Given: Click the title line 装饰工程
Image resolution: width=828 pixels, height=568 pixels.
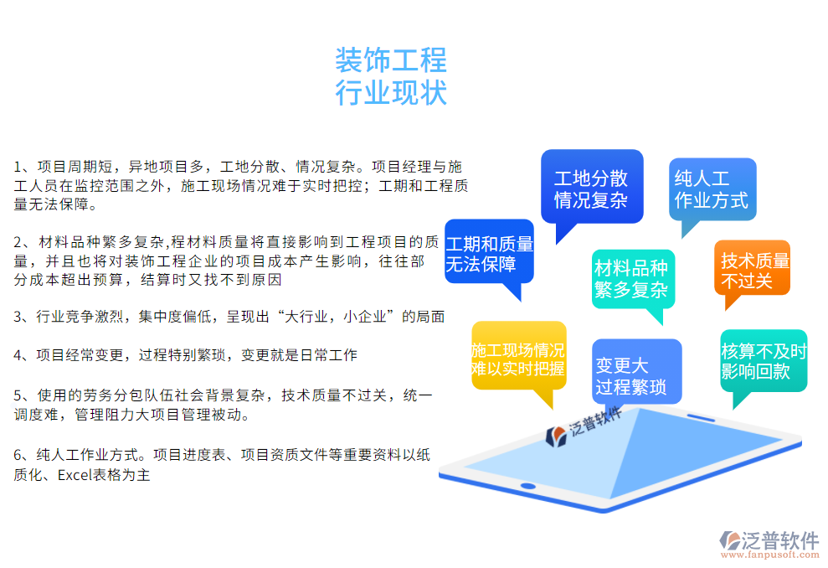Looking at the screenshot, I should tap(391, 60).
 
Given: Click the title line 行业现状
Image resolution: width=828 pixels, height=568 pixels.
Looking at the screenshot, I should tap(391, 92).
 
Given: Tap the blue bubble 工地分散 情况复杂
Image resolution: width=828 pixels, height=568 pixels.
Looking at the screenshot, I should tap(591, 188).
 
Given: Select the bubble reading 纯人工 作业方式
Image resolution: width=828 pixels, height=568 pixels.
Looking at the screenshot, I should tap(712, 189).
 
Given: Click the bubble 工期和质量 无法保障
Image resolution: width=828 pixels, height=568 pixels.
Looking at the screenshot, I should tap(489, 254).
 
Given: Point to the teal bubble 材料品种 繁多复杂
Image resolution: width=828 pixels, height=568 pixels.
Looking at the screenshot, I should tap(631, 279).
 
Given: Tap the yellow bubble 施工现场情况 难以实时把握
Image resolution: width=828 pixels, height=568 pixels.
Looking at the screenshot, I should tap(518, 359).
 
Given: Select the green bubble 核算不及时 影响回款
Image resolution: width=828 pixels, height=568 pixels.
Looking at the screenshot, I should tap(764, 361).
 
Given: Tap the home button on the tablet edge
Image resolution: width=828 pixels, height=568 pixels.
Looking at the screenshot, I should tap(527, 486).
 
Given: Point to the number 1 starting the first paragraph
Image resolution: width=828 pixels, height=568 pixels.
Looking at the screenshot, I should tap(18, 167).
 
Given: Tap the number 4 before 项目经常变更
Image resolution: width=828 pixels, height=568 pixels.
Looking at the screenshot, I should tap(18, 355).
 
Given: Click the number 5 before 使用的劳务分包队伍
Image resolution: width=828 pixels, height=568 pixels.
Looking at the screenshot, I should tap(18, 395).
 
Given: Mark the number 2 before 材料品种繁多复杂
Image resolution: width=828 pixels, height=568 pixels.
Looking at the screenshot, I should tap(18, 242).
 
